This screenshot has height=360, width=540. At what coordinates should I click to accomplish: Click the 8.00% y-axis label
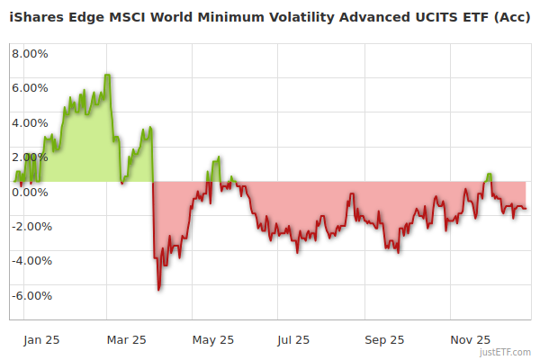point(30,53)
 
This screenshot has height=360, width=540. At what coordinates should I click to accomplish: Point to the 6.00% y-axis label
point(30,88)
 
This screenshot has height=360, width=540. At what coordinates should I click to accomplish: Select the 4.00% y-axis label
point(30,122)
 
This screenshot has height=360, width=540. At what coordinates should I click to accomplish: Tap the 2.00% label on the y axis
point(30,157)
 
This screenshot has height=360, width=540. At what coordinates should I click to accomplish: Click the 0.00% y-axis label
point(30,192)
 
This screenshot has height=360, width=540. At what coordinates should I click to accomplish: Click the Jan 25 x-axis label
point(41,340)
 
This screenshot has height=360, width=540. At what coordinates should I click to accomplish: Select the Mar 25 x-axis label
point(127,340)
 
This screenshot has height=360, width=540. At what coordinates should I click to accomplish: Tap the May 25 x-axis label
point(213,340)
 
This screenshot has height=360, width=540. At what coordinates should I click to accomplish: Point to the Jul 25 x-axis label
point(294,340)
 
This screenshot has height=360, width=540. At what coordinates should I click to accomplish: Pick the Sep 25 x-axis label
point(384,340)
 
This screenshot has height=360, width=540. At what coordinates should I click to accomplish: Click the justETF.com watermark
point(508,352)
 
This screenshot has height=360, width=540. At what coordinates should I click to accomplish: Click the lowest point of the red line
point(159,290)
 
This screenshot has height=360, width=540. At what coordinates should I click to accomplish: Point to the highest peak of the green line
point(108,75)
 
